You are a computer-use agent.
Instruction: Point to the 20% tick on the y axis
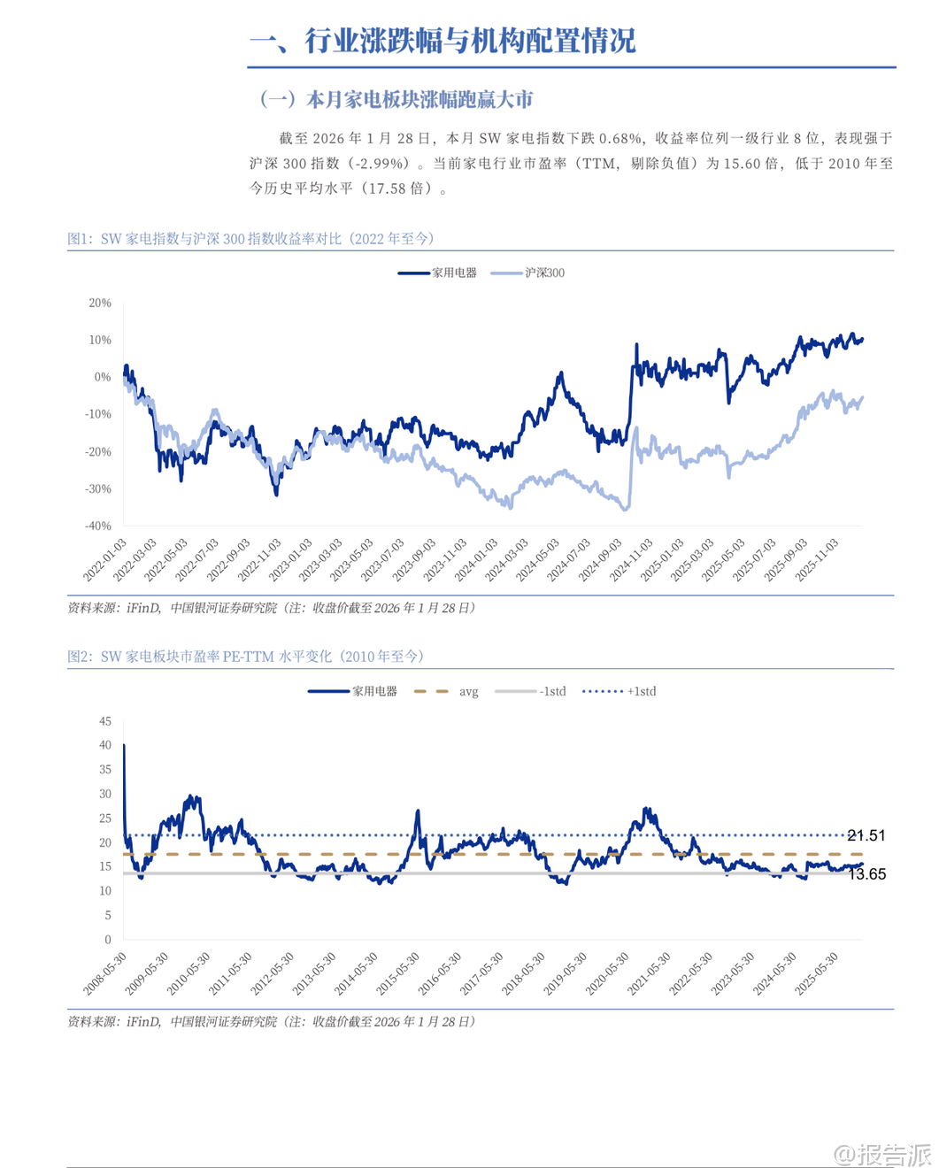[100, 303]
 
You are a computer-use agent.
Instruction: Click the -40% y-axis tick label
[98, 526]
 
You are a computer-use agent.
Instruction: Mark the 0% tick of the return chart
[103, 377]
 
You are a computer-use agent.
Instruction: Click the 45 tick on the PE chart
[105, 721]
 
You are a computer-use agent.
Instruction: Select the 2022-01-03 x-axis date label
[105, 560]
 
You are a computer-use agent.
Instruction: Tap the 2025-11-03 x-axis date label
[816, 560]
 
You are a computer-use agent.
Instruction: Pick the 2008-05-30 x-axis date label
[105, 974]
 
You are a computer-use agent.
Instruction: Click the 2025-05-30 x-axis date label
[816, 974]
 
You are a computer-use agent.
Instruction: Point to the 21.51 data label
[866, 835]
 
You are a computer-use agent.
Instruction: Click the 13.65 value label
[866, 874]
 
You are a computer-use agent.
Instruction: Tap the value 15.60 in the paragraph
[743, 163]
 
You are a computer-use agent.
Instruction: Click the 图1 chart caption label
[81, 239]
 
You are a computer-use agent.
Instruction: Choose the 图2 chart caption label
[81, 657]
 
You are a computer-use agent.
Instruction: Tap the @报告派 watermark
[882, 1154]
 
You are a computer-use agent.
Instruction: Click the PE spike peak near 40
[124, 746]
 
